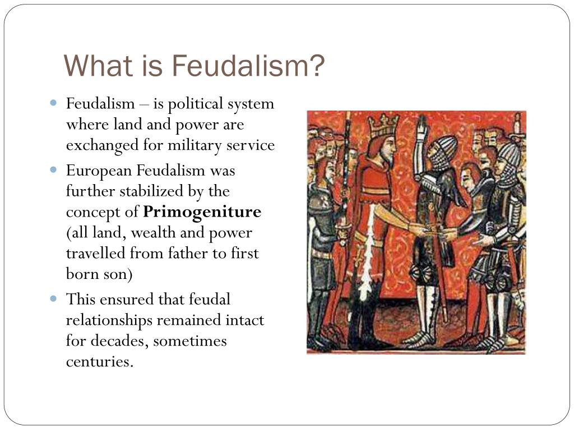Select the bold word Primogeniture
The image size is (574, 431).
[202, 213]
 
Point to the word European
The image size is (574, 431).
[99, 171]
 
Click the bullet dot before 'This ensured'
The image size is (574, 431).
[53, 299]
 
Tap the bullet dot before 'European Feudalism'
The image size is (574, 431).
[53, 169]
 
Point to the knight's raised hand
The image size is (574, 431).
[422, 126]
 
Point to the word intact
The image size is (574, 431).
[245, 320]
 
